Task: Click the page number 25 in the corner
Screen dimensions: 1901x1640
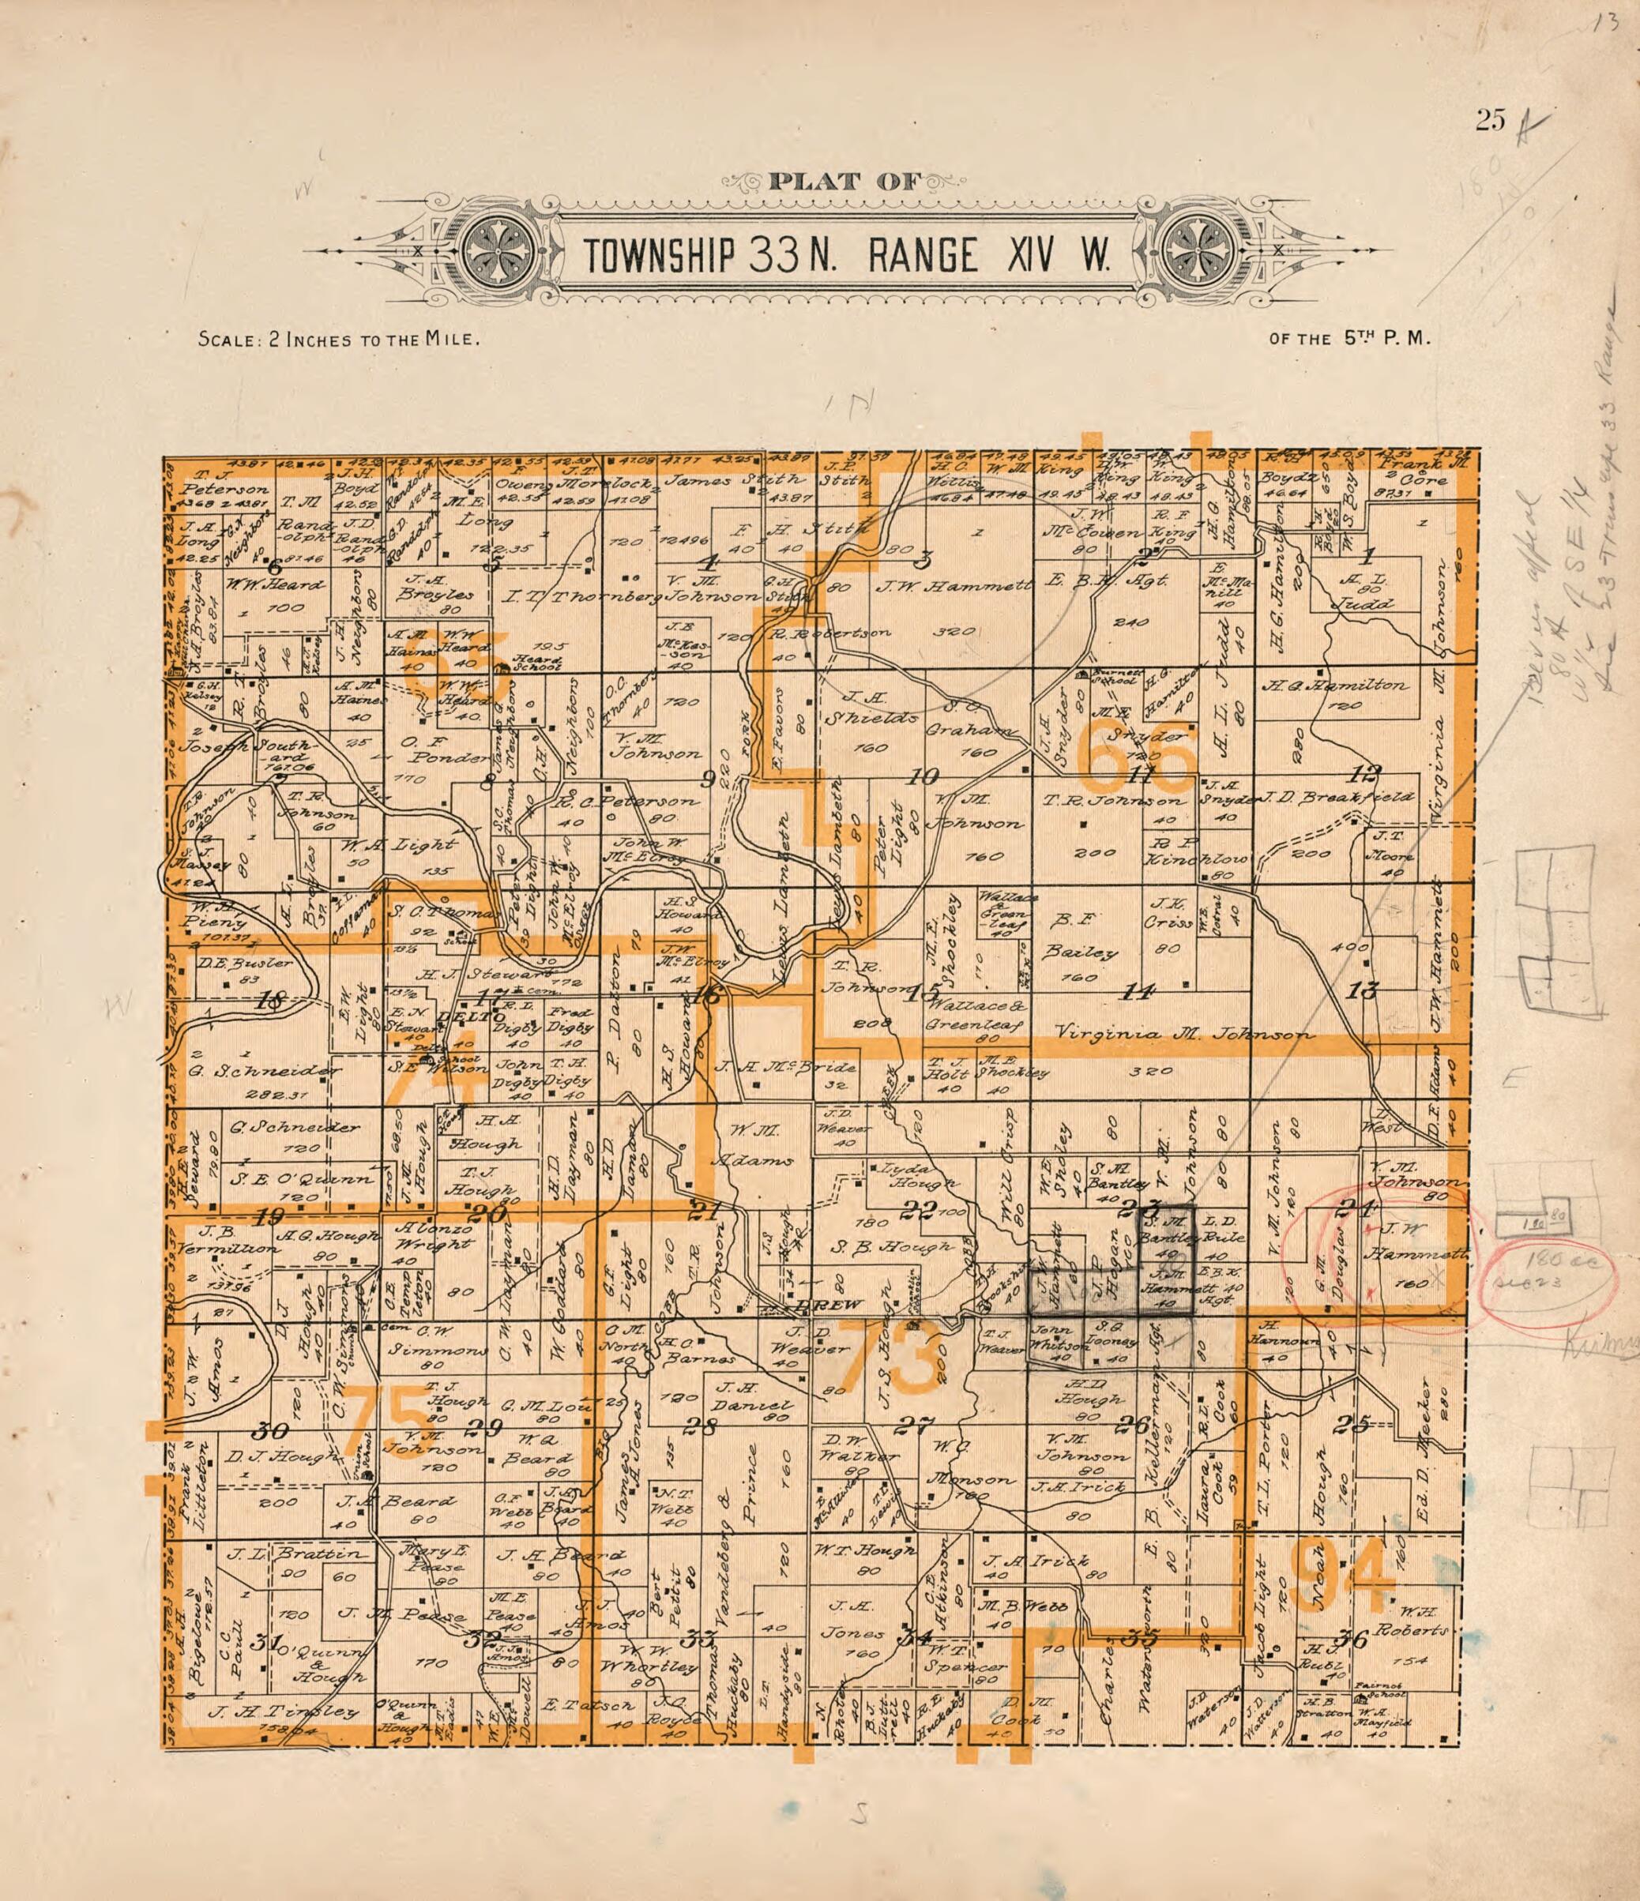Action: tap(1491, 121)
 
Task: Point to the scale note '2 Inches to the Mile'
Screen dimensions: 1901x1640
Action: tap(340, 340)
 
